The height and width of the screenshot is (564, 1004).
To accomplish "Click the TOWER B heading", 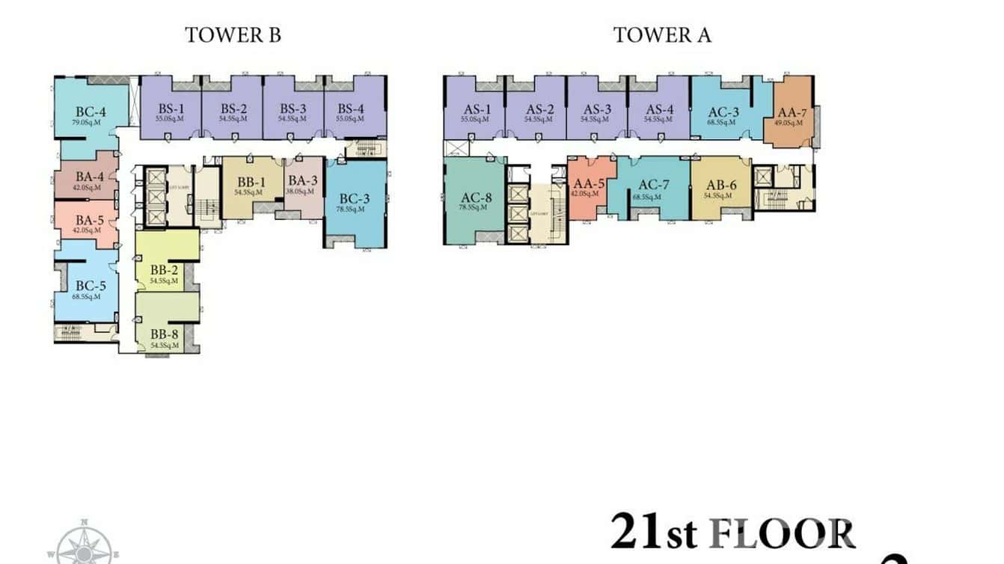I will click(233, 35).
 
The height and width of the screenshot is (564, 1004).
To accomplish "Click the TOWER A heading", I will click(662, 35).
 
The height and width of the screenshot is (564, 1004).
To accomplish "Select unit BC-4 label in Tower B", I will click(90, 112).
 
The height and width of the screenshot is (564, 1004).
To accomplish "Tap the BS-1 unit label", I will click(171, 108).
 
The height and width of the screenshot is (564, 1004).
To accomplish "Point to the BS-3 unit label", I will click(293, 108).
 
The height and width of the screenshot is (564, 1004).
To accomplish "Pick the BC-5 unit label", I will click(91, 286).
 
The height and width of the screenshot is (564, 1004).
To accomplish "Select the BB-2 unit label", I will click(163, 270).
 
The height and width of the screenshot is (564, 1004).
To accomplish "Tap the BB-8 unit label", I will click(164, 334).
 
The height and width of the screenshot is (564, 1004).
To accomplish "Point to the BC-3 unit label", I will click(354, 199).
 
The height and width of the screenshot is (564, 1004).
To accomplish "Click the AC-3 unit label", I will click(723, 112).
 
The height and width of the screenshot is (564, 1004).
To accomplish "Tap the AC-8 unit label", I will click(476, 198).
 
